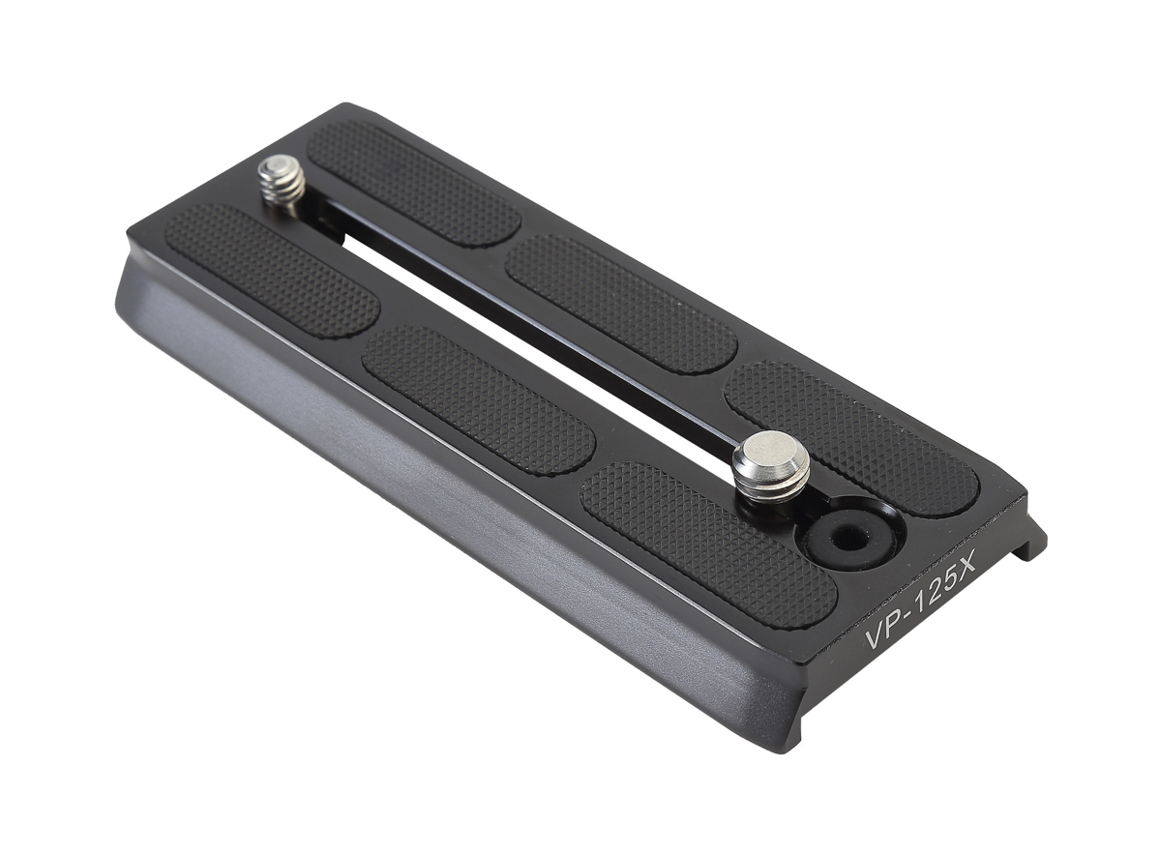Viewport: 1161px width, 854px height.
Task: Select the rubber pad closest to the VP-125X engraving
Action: click(706, 543)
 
